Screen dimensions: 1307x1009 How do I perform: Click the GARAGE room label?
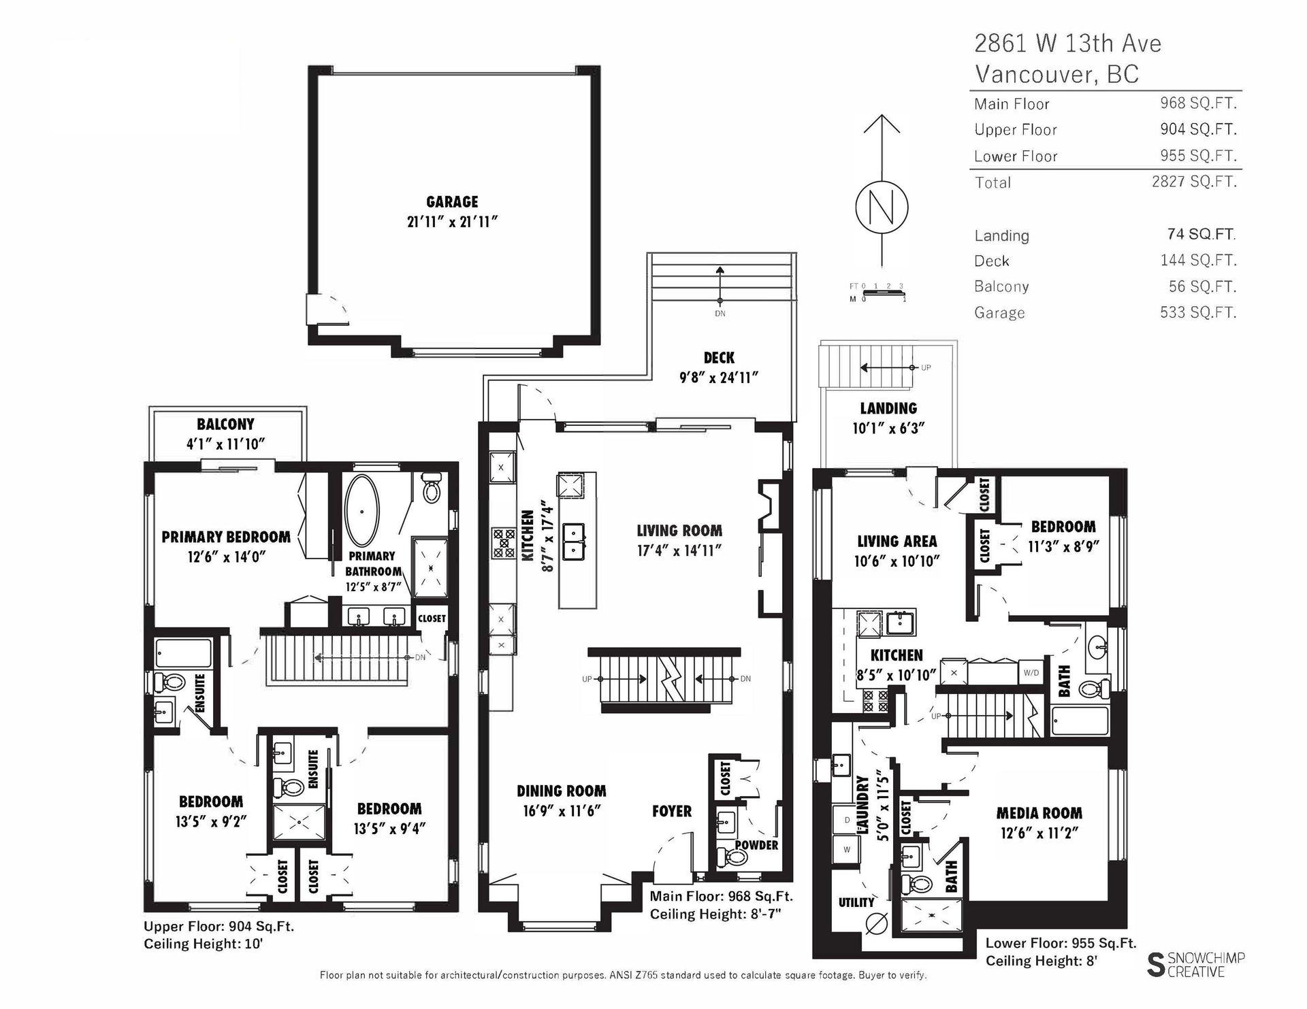coord(452,202)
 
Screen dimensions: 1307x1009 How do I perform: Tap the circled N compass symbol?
coord(882,208)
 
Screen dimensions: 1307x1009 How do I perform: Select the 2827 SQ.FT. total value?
coord(1194,182)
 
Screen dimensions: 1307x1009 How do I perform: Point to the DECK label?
coord(719,358)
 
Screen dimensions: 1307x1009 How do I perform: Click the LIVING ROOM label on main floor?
coord(679,531)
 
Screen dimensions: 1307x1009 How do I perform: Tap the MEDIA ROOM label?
coord(1039,813)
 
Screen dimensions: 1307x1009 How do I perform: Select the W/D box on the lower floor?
coord(1031,673)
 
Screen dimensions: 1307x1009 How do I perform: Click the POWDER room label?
coord(756,845)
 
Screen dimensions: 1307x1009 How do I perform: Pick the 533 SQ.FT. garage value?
coord(1198,312)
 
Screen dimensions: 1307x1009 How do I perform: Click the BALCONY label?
coord(225,425)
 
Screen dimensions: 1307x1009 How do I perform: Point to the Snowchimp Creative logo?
coord(1195,965)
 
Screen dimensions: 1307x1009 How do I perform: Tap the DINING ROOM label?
coord(561,791)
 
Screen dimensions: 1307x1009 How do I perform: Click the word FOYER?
coord(672,811)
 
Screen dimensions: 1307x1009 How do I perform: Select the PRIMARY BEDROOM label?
coord(226,537)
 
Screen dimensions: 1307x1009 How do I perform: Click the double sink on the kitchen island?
coord(574,542)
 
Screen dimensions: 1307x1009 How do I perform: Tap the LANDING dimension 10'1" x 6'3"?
coord(888,429)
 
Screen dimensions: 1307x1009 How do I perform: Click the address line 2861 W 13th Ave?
coord(1068,44)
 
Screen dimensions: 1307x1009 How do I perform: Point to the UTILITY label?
coord(856,903)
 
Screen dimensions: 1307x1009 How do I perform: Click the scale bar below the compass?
coord(882,293)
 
